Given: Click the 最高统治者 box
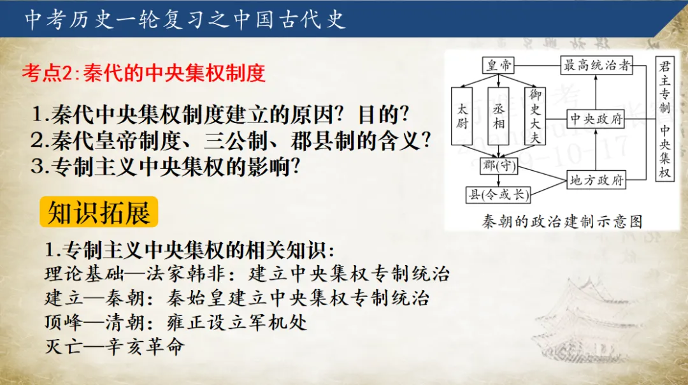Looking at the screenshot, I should click(596, 65).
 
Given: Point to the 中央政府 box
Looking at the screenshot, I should click(596, 119).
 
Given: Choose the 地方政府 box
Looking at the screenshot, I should click(596, 180).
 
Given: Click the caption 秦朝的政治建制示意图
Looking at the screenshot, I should click(562, 222).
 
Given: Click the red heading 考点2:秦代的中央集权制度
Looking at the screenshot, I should click(143, 73).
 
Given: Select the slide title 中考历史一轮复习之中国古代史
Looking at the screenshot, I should click(185, 19).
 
